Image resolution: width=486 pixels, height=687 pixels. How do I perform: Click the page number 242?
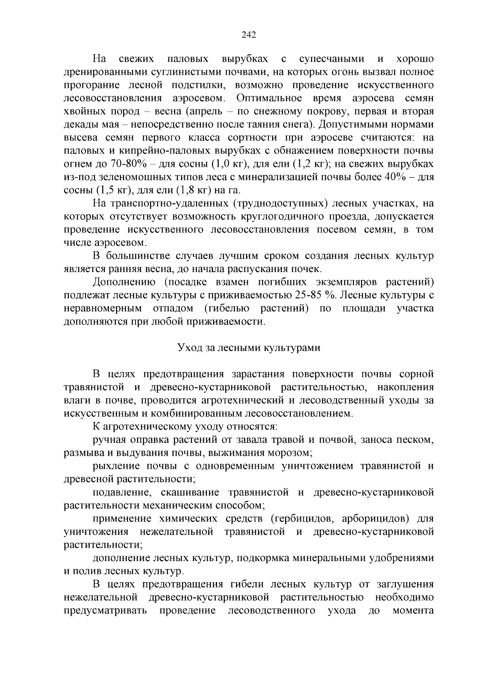point(249,35)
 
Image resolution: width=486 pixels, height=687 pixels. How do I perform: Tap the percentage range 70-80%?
point(128,164)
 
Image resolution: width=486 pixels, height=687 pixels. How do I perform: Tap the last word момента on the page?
point(413,610)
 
